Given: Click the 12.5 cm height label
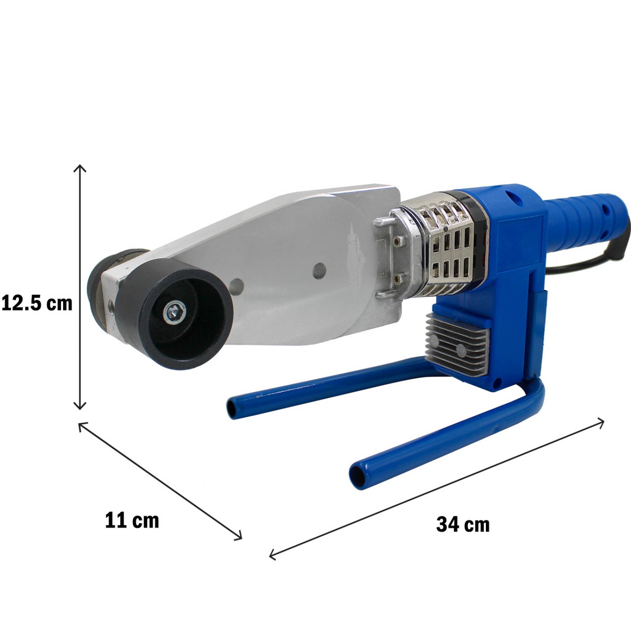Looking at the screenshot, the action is click(x=37, y=303).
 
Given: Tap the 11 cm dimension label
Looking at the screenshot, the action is click(x=132, y=520).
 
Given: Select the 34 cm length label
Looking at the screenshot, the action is click(x=463, y=525).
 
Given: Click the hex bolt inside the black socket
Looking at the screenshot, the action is click(x=174, y=312).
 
